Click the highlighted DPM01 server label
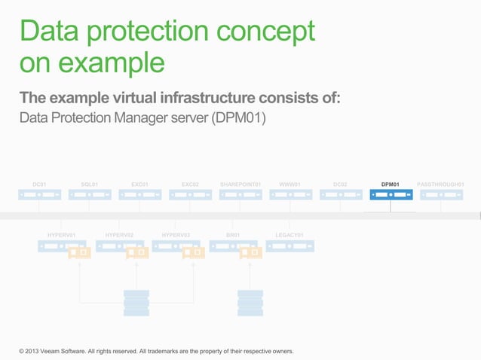(x=390, y=184)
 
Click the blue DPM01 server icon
(x=391, y=195)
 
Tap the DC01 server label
(x=39, y=184)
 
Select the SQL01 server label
(x=89, y=184)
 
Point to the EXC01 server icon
(x=139, y=195)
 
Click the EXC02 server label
(x=190, y=184)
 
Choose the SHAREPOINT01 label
(x=240, y=184)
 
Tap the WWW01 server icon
(x=290, y=195)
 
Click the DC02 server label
(x=340, y=184)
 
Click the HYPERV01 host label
(x=61, y=235)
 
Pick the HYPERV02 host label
(x=119, y=235)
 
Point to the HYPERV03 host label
(x=176, y=235)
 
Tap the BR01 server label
(x=233, y=235)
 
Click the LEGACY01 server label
(x=290, y=235)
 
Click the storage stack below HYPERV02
(x=136, y=303)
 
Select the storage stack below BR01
(x=250, y=303)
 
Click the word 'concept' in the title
(x=262, y=31)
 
